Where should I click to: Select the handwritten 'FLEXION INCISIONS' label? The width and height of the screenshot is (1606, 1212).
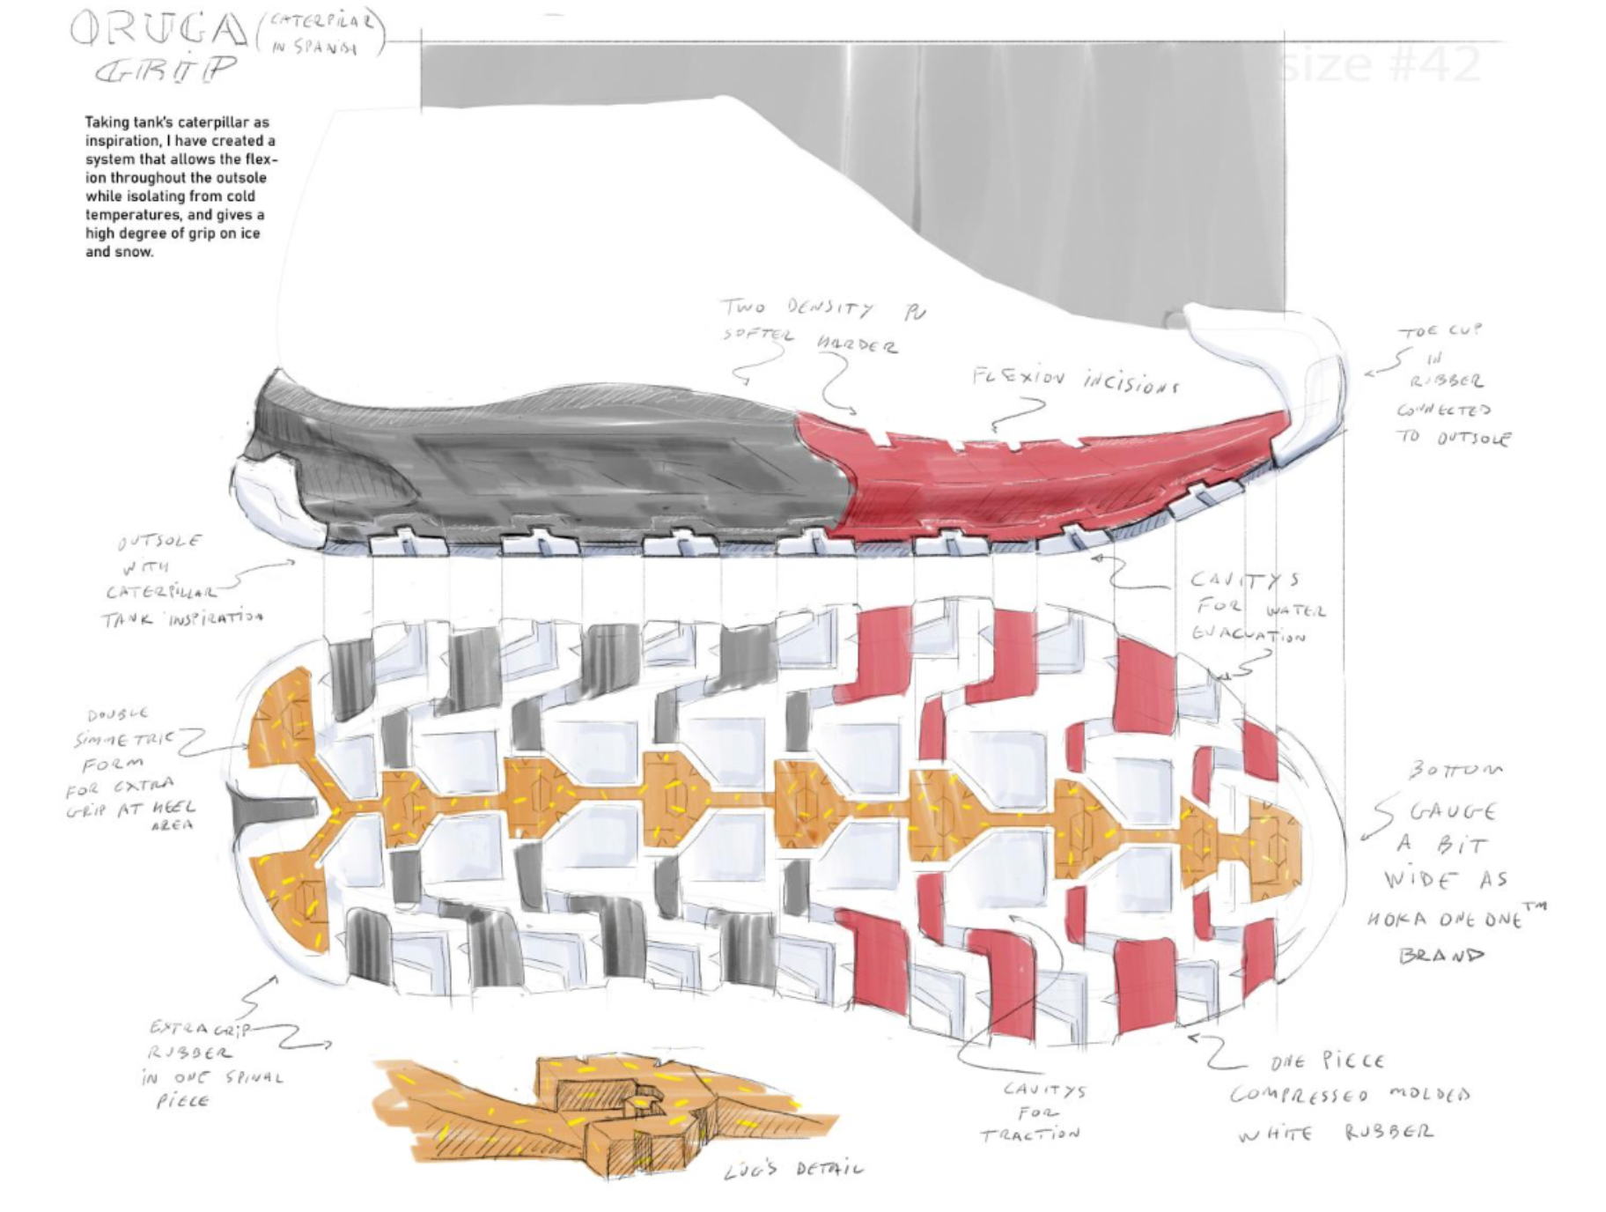point(1073,381)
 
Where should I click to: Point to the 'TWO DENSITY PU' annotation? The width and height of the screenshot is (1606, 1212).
point(822,309)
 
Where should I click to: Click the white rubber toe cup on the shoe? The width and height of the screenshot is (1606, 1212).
point(1303,379)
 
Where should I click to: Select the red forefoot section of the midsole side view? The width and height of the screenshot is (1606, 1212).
point(1013,476)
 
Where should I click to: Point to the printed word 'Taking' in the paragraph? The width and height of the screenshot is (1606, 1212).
point(106,122)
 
